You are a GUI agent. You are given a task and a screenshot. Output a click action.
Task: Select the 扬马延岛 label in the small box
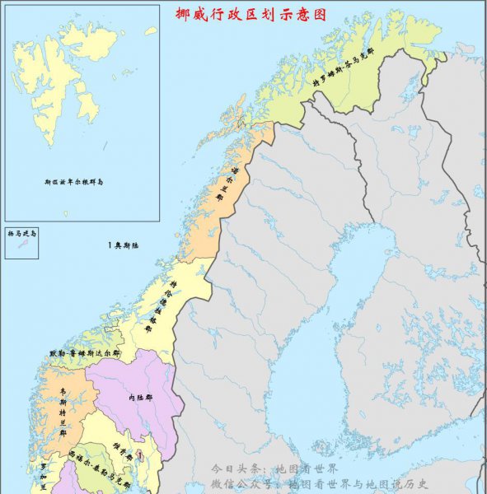click(21, 234)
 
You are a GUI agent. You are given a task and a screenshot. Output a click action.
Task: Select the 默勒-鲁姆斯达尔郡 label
click(84, 352)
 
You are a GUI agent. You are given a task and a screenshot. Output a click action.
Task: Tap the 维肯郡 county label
click(118, 452)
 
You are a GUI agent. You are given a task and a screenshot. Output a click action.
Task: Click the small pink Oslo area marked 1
click(140, 454)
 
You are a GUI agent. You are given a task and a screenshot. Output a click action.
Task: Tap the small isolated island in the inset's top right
click(151, 30)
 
